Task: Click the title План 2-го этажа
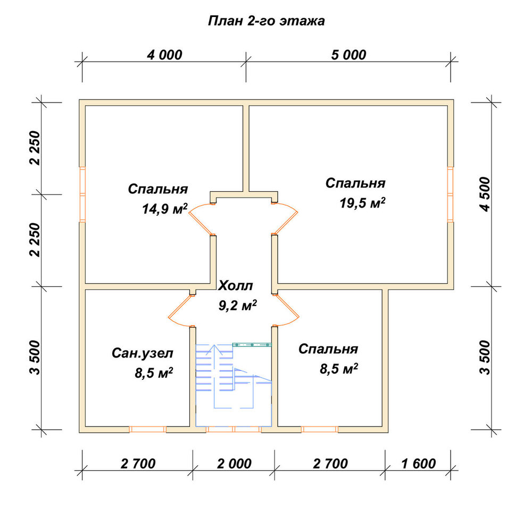click(x=267, y=21)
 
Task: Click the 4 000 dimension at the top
click(x=164, y=55)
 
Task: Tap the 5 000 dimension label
click(x=349, y=55)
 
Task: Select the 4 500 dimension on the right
click(x=486, y=194)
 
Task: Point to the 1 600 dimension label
click(x=418, y=464)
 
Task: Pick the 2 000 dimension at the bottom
click(x=234, y=464)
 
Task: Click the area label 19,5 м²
click(x=362, y=203)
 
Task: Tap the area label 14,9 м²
click(x=165, y=209)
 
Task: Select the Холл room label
click(x=236, y=286)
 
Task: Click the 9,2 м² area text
click(x=237, y=305)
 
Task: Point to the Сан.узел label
click(x=143, y=353)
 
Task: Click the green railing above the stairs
click(x=252, y=345)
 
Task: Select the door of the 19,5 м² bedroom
click(x=286, y=219)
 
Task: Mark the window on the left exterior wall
click(x=82, y=194)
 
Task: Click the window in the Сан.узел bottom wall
click(x=147, y=429)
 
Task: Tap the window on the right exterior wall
click(x=450, y=194)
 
